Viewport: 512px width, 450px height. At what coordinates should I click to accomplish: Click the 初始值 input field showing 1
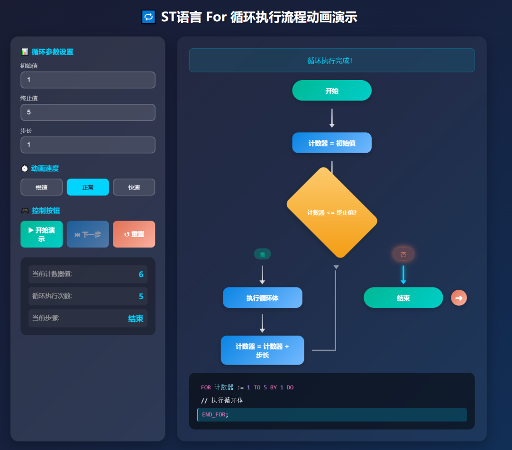click(88, 80)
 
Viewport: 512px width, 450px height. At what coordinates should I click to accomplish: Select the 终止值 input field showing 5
click(88, 112)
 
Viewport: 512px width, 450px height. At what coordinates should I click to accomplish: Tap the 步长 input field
click(88, 145)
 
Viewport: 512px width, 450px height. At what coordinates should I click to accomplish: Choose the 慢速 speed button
click(42, 187)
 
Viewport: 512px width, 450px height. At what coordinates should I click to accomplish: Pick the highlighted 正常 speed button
click(88, 187)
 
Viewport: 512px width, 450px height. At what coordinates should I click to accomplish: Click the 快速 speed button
click(134, 187)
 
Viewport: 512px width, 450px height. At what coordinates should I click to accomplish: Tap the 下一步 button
click(88, 234)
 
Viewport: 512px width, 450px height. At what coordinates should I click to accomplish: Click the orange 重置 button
click(134, 234)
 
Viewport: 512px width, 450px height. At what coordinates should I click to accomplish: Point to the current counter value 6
click(141, 274)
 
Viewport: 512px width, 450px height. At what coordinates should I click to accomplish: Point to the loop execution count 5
click(141, 296)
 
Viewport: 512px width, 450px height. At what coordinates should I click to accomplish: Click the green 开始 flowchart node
click(332, 91)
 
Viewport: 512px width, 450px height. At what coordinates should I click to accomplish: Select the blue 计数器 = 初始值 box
click(332, 143)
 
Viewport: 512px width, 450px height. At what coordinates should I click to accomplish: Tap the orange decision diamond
click(332, 212)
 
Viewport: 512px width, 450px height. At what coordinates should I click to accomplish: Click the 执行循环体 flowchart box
click(262, 298)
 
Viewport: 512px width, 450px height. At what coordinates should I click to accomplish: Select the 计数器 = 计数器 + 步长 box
click(262, 350)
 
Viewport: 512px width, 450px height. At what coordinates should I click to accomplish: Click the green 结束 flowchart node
click(403, 298)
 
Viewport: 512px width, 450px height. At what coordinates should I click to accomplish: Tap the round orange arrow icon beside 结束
click(458, 298)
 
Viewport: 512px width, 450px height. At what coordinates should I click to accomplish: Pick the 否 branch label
click(403, 255)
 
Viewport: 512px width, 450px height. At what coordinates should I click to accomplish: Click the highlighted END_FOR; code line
click(332, 414)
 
